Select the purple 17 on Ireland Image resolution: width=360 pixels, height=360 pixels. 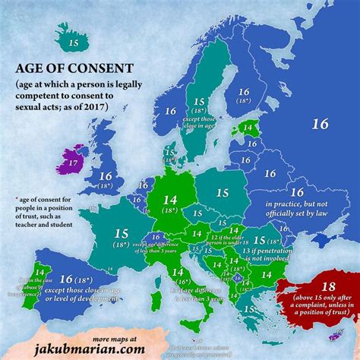click(72, 162)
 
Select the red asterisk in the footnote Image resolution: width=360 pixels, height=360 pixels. click(16, 198)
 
